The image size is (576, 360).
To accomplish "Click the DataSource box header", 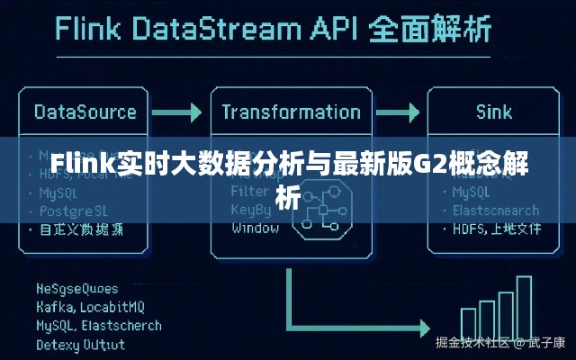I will (85, 112).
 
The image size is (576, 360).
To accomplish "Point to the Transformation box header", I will (291, 112).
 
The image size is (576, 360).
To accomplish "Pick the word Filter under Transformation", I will (248, 192).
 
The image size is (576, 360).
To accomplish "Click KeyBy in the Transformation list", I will (250, 210).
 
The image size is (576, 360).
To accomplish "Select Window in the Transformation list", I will (255, 228).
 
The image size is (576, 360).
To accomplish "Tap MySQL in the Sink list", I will (472, 193).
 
